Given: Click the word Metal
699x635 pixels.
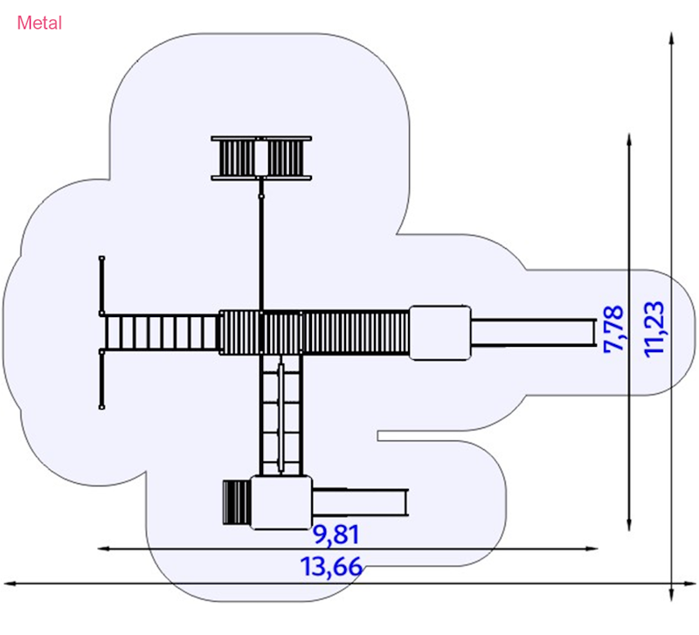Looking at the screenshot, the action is click(x=39, y=24).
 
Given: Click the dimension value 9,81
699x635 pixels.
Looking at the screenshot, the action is click(x=336, y=535).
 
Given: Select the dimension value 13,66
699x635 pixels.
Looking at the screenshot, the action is click(x=331, y=567).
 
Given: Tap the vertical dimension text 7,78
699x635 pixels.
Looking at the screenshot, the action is click(x=614, y=329).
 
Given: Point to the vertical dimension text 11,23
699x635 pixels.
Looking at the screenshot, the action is click(x=654, y=329).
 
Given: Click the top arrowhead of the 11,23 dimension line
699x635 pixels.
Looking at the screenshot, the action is click(x=672, y=38).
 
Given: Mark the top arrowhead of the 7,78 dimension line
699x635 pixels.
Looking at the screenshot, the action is click(x=629, y=138).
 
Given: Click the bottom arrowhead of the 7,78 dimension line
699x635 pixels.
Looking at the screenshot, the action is click(x=629, y=526).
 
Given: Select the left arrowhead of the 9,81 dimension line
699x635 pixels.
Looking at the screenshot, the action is click(x=103, y=549).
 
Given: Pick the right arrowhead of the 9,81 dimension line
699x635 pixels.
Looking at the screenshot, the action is click(x=592, y=549).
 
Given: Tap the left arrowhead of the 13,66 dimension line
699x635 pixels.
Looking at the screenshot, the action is click(x=10, y=583).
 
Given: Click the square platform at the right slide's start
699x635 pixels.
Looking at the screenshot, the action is click(x=440, y=333).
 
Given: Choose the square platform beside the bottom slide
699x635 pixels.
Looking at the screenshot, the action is click(x=281, y=502).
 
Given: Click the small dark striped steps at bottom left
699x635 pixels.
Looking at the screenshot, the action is click(x=237, y=502).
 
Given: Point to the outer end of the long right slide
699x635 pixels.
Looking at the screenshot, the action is click(x=595, y=333).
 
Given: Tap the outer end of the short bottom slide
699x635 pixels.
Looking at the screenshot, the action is click(x=405, y=502).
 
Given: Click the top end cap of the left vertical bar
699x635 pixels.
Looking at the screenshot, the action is click(x=101, y=258).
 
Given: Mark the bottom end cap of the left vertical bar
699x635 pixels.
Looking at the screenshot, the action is click(x=101, y=407).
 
